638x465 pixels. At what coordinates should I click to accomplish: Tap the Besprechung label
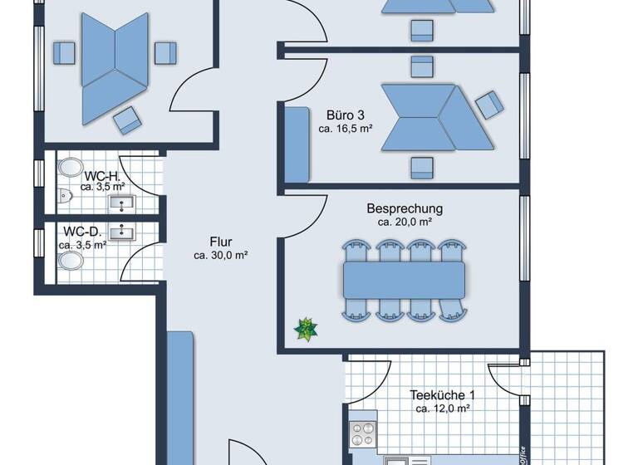[x=405, y=208]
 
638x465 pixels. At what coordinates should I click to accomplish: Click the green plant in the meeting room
[x=307, y=329]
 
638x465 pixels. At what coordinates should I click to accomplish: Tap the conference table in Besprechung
[x=404, y=278]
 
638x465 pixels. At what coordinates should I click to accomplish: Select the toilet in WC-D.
[x=71, y=261]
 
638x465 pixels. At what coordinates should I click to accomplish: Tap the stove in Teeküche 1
[x=364, y=433]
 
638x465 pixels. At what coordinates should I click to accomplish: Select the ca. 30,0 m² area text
[x=220, y=256]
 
